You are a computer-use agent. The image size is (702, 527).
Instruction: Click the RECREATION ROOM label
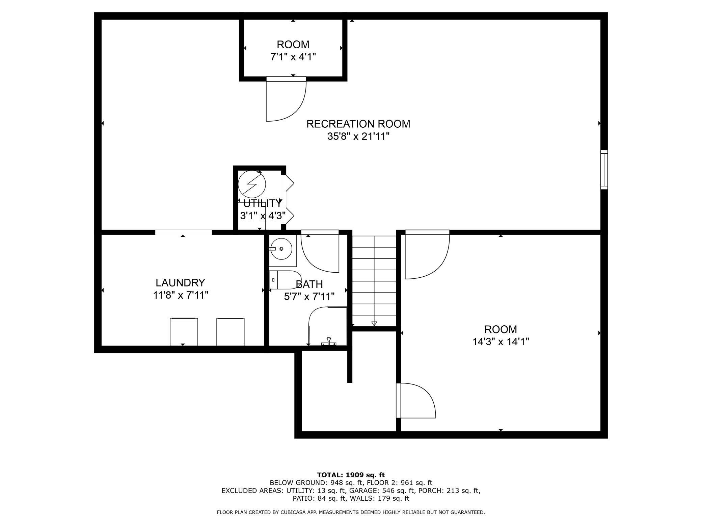(358, 124)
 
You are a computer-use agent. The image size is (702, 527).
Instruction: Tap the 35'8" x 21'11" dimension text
(358, 136)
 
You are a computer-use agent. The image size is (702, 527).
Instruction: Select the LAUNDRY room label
(180, 282)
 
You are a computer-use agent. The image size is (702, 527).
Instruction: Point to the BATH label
(309, 284)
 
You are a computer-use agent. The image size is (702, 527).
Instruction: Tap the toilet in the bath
(286, 280)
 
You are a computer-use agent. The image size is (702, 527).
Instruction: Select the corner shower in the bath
(328, 326)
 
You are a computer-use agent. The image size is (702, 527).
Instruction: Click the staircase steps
(374, 280)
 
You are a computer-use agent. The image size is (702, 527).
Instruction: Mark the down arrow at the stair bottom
(374, 323)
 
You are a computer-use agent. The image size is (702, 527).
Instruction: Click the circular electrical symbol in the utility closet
(252, 184)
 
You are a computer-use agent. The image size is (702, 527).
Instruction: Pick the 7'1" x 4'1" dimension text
(293, 57)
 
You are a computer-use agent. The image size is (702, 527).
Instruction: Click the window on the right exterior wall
(604, 170)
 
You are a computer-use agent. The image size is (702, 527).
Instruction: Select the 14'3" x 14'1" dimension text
(501, 342)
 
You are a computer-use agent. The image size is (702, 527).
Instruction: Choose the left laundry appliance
(184, 332)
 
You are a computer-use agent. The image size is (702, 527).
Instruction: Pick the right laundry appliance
(230, 332)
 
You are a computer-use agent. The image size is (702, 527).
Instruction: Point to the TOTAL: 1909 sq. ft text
(351, 475)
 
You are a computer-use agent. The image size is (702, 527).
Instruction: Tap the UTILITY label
(262, 203)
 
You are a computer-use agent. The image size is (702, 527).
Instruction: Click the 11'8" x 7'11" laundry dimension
(181, 295)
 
